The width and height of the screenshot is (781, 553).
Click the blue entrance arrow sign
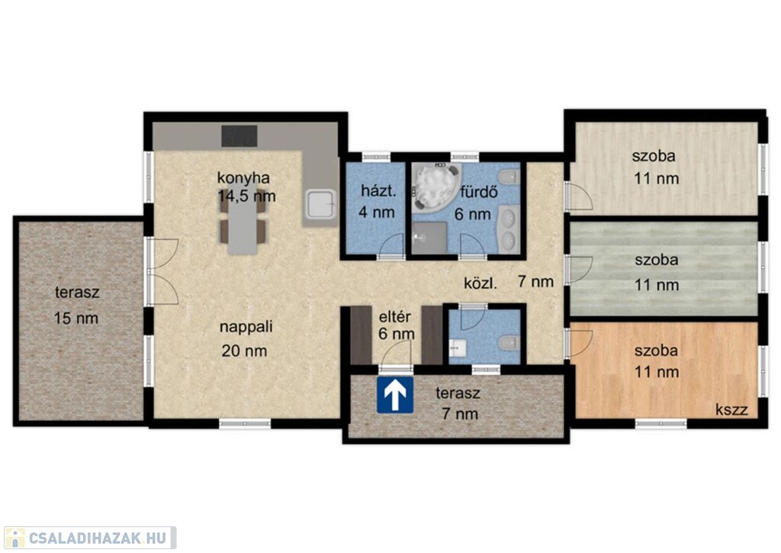click(395, 394)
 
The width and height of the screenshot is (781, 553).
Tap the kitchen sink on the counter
click(321, 205)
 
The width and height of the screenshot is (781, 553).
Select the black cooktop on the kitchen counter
click(239, 136)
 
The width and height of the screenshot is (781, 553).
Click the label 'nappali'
click(246, 327)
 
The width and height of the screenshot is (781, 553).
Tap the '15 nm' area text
click(76, 319)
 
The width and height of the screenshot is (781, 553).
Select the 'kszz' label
click(731, 410)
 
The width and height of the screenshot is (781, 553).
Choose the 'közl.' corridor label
click(480, 283)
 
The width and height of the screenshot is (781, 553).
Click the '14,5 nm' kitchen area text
click(246, 196)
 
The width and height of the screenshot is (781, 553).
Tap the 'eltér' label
click(395, 317)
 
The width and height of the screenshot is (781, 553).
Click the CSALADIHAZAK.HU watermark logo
click(90, 538)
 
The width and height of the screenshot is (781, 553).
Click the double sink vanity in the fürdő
click(509, 228)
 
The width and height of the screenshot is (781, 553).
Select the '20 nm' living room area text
click(244, 351)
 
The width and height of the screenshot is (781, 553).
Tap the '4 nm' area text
click(377, 212)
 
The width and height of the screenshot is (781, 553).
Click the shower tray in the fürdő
click(429, 238)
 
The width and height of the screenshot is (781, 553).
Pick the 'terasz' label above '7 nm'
click(458, 393)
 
